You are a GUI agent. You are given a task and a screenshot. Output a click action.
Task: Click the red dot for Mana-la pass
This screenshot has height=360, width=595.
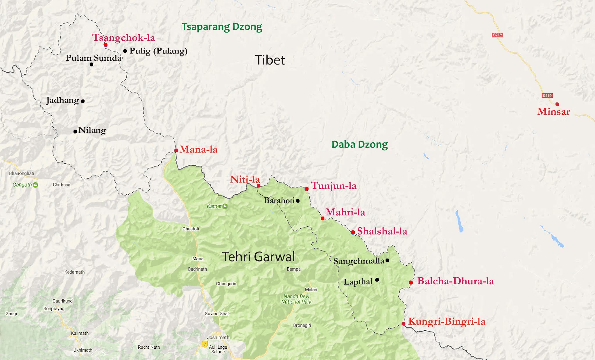(176, 151)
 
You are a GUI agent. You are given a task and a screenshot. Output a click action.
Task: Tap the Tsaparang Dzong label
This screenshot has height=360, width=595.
(222, 27)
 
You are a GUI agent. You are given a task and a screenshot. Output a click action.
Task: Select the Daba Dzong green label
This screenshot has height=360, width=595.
(359, 144)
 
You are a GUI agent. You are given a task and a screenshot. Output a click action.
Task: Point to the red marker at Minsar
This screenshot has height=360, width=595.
(557, 104)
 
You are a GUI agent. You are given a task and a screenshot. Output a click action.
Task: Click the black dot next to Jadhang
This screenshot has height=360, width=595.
(83, 101)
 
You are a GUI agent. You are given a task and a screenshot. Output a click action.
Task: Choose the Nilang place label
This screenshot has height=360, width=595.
(92, 130)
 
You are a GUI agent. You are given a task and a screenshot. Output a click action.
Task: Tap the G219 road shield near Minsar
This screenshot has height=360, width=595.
(547, 96)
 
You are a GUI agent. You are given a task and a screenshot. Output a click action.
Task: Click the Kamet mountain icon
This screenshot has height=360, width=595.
(225, 206)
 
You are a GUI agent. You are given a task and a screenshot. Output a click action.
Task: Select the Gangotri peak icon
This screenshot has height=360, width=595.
(35, 185)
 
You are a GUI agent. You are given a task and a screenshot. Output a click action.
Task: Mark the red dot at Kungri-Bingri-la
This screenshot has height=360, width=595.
(404, 324)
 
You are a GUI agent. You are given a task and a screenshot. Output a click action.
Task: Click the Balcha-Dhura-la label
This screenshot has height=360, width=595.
(455, 281)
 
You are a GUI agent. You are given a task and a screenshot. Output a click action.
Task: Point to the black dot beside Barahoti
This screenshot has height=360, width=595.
(297, 201)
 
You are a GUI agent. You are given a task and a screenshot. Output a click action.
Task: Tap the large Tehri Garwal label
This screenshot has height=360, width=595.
(258, 257)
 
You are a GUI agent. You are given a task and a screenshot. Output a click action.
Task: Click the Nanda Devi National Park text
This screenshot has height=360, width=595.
(296, 299)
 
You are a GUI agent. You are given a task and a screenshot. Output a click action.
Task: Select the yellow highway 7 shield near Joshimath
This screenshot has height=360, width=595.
(205, 344)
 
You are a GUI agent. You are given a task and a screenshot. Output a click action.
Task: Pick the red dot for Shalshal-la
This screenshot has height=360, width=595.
(353, 232)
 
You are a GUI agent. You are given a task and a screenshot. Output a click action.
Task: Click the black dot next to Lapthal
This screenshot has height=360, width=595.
(377, 280)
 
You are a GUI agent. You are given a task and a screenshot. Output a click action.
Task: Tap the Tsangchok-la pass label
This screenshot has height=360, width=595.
(123, 37)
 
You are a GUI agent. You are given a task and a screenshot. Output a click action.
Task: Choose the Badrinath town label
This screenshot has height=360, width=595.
(197, 269)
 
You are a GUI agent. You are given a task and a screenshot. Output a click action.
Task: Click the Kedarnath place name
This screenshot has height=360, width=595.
(74, 272)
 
